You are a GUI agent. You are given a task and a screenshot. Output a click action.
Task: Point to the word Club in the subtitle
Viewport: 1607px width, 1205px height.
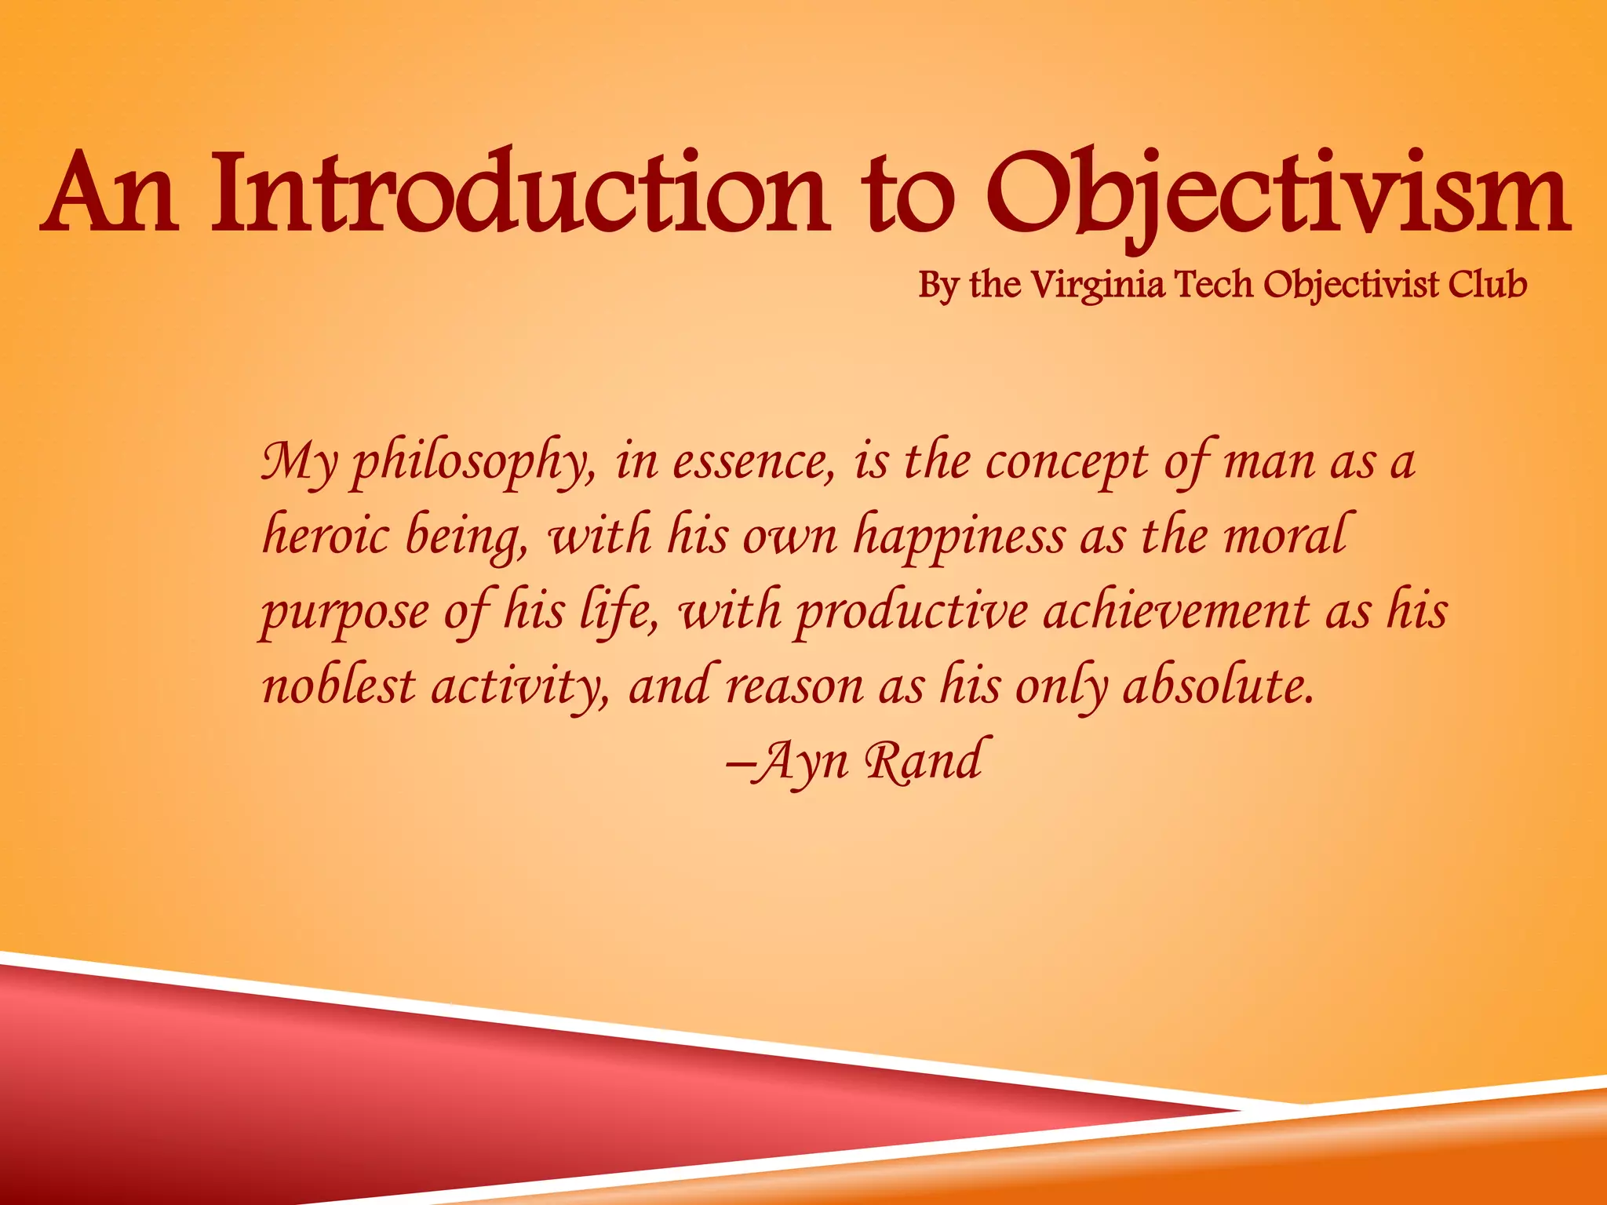tap(1488, 283)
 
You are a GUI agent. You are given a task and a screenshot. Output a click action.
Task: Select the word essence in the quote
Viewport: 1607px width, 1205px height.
tap(753, 463)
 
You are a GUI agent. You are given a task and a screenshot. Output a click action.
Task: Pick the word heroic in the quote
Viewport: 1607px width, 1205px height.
tap(325, 537)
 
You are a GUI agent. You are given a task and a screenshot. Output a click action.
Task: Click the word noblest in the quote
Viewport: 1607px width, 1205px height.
tap(338, 686)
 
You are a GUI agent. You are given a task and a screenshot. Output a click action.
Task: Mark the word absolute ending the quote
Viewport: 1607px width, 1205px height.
tap(1218, 686)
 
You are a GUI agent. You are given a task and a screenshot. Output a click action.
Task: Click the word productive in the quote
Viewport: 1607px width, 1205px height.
tap(910, 612)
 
